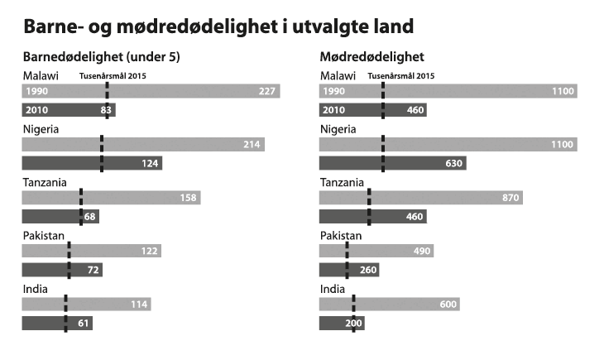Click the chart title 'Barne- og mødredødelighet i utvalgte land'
tap(218, 26)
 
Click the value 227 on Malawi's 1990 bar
tap(266, 91)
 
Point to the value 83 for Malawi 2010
tap(106, 109)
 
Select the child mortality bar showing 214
tap(142, 145)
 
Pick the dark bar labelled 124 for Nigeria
tap(91, 163)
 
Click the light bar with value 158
tap(111, 198)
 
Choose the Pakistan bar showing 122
tap(91, 251)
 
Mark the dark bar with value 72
tap(62, 270)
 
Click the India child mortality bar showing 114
tap(85, 305)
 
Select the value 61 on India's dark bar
tap(83, 323)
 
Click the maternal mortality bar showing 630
tap(392, 163)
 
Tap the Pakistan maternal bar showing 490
tap(376, 251)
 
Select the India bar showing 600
tap(389, 305)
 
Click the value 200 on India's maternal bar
tap(352, 323)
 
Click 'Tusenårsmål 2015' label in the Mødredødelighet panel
tap(400, 76)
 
